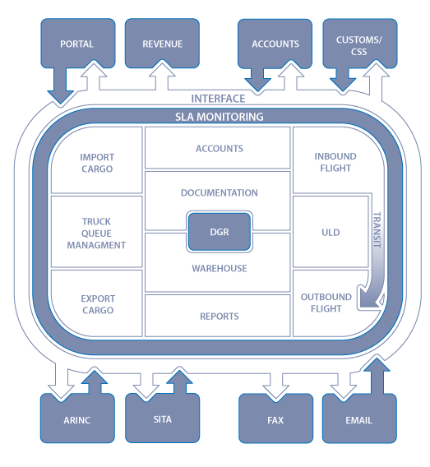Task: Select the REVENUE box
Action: coord(162,44)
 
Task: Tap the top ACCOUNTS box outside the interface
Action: coord(275,44)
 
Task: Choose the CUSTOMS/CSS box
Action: coord(359,44)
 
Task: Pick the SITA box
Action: coord(162,419)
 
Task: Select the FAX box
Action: coord(275,419)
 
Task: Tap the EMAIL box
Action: coord(359,419)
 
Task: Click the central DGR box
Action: coord(218,232)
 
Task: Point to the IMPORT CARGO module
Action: coord(97,163)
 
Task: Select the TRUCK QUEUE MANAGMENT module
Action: coord(97,233)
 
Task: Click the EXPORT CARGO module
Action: coord(97,304)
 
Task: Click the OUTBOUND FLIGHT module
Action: coord(326,303)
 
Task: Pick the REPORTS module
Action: coord(219,316)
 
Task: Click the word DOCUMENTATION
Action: coord(219,192)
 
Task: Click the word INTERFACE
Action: coord(218,99)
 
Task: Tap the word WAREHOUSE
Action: coord(219,268)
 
